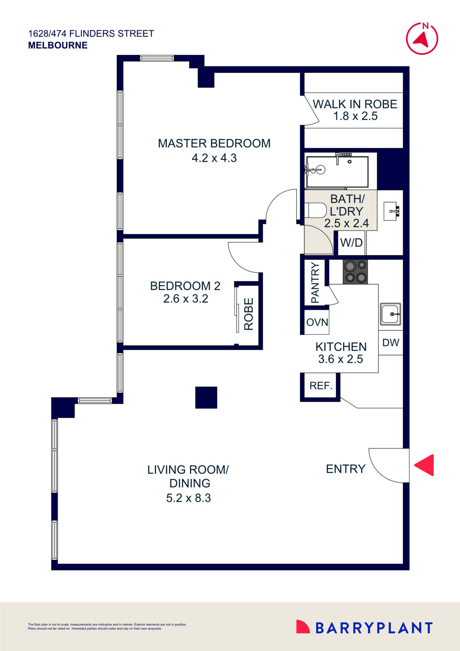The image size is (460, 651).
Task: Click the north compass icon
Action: tap(422, 38)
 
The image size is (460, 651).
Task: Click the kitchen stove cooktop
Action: tap(355, 272)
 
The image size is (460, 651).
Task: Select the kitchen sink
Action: tap(390, 314)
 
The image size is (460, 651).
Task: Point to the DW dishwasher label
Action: tap(391, 343)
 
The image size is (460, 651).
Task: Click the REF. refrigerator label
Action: tap(321, 386)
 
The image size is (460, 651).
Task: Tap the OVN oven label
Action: tap(317, 322)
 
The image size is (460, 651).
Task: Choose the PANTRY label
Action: tap(315, 282)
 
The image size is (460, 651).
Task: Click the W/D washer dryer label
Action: tap(351, 243)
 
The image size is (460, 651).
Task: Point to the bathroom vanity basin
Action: tap(391, 211)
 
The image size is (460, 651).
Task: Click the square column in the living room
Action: tap(206, 398)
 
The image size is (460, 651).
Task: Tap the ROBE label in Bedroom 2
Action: tap(249, 314)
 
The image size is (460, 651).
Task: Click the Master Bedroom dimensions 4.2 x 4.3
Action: tap(214, 158)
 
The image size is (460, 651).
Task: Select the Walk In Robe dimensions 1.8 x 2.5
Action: tap(355, 116)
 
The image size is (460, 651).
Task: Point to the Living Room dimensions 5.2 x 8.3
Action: tap(188, 498)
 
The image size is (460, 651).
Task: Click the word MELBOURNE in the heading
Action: tap(58, 45)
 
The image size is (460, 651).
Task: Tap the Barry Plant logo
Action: tap(364, 628)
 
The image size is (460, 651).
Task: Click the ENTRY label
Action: tap(345, 469)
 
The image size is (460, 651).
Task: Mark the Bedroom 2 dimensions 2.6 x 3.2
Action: tap(185, 298)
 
